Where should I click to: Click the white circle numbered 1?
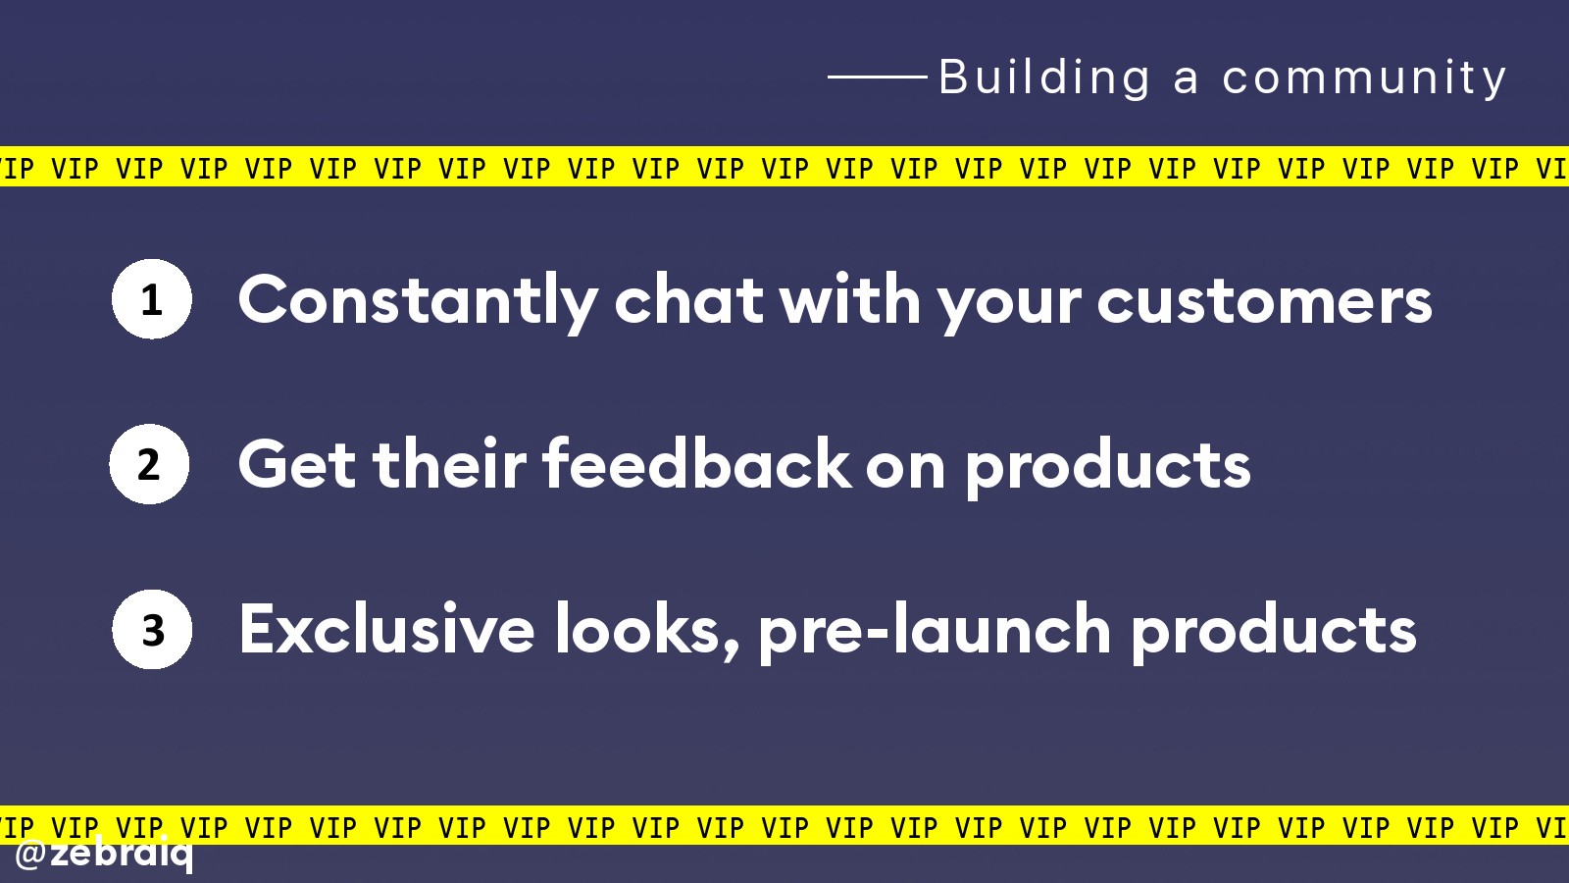click(151, 299)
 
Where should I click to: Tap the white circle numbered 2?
click(149, 464)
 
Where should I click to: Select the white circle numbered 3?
click(152, 629)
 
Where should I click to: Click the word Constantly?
click(418, 302)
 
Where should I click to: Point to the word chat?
click(688, 300)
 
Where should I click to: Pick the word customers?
click(1264, 302)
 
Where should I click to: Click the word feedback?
click(697, 463)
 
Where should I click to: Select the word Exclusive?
click(386, 628)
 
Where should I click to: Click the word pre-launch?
click(935, 632)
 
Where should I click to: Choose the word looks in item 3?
click(646, 632)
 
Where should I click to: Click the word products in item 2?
click(1108, 467)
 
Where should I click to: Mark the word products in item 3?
click(1274, 632)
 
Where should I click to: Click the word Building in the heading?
click(1044, 78)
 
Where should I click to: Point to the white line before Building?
click(878, 77)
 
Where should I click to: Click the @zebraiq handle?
click(103, 855)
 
